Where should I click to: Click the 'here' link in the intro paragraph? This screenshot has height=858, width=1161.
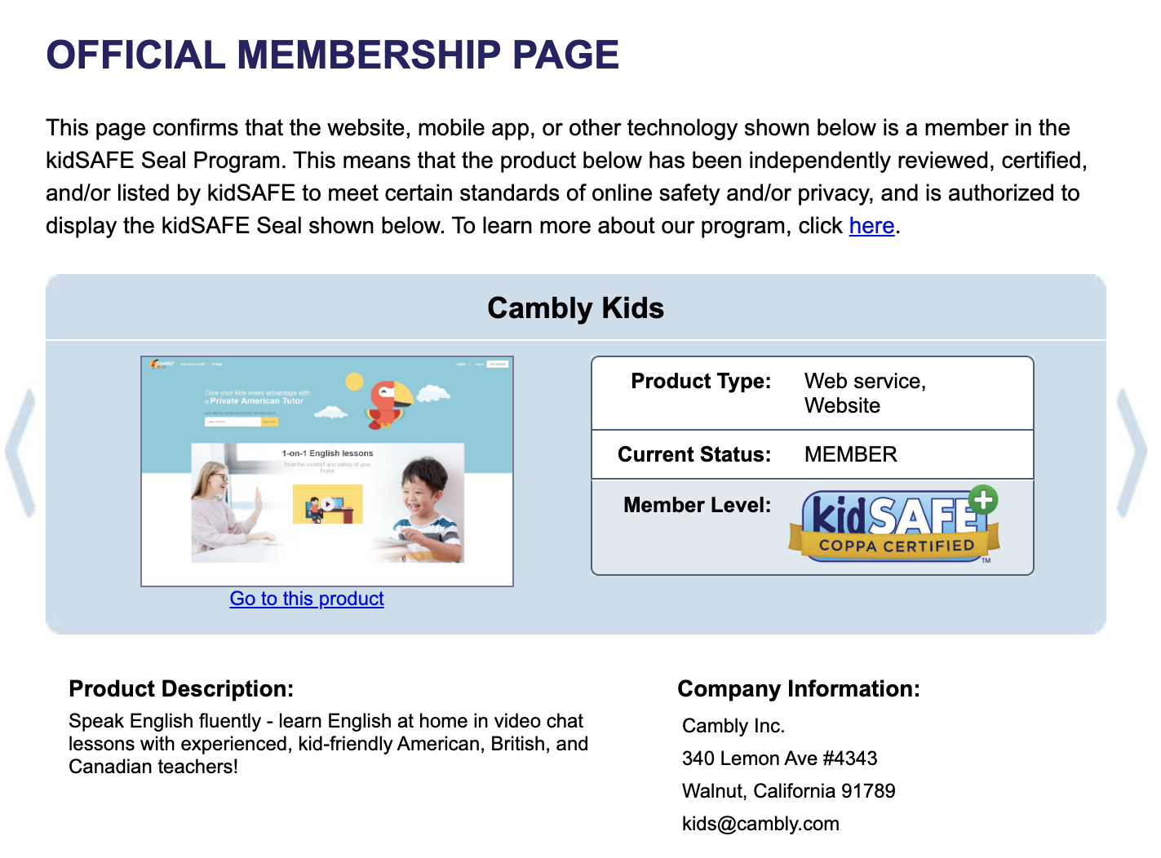pyautogui.click(x=871, y=226)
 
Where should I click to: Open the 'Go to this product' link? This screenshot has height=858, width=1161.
pyautogui.click(x=307, y=599)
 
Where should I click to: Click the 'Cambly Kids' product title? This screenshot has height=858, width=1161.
pyautogui.click(x=575, y=308)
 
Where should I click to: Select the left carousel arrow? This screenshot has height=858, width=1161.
pyautogui.click(x=21, y=452)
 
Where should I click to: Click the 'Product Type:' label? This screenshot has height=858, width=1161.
pyautogui.click(x=701, y=382)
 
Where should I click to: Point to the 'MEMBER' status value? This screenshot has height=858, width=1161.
pyautogui.click(x=850, y=454)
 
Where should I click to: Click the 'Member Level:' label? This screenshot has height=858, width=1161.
pyautogui.click(x=697, y=506)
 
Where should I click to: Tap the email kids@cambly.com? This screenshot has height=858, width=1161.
pyautogui.click(x=760, y=824)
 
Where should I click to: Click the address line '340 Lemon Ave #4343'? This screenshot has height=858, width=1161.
pyautogui.click(x=779, y=758)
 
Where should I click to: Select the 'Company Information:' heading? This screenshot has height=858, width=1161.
pyautogui.click(x=798, y=689)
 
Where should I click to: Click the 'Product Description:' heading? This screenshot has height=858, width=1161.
pyautogui.click(x=181, y=689)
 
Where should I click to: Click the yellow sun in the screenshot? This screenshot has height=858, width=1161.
pyautogui.click(x=354, y=382)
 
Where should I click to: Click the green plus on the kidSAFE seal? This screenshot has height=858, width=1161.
pyautogui.click(x=983, y=500)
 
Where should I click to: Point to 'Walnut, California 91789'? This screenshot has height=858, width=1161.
pyautogui.click(x=788, y=791)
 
